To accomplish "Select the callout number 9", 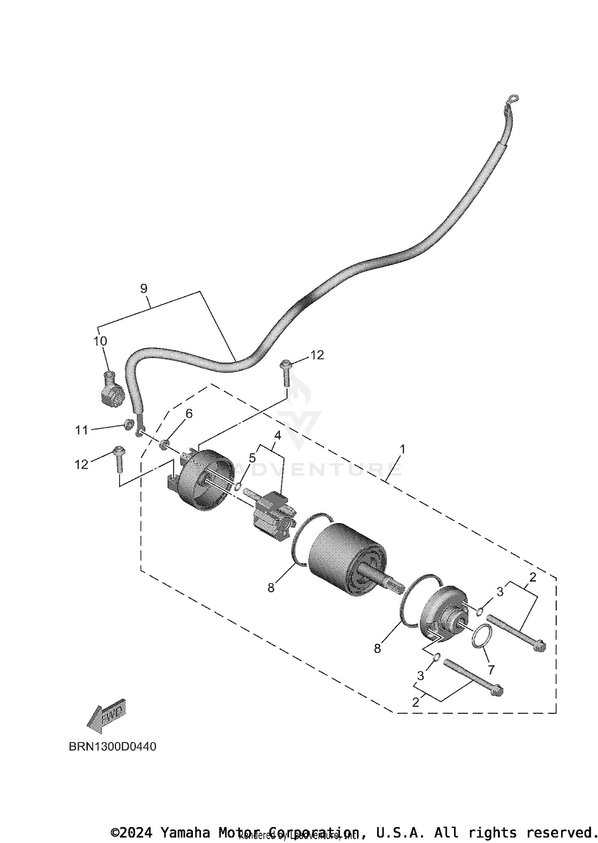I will [x=144, y=288].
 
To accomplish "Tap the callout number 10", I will [x=100, y=341].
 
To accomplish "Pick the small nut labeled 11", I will [x=128, y=424].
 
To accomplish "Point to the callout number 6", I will [x=189, y=414].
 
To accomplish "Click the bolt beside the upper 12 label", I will [x=286, y=373].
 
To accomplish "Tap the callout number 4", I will [x=277, y=435].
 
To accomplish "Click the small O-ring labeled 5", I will [x=238, y=486].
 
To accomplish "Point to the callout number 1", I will [x=403, y=449].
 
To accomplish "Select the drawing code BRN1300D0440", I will [x=112, y=747].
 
